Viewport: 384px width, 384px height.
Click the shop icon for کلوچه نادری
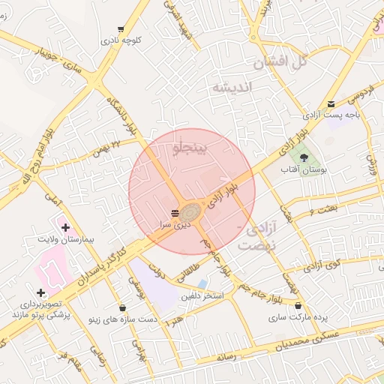pyautogui.click(x=121, y=29)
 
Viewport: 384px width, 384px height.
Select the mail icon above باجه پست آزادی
pyautogui.click(x=331, y=104)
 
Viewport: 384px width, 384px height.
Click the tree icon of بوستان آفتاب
pyautogui.click(x=304, y=157)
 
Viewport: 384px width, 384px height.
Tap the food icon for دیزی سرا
pyautogui.click(x=175, y=213)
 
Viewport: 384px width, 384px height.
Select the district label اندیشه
pyautogui.click(x=234, y=88)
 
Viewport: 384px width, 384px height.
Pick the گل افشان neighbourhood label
pyautogui.click(x=280, y=62)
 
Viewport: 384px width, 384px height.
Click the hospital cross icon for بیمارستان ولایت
pyautogui.click(x=65, y=226)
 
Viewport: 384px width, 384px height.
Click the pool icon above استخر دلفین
pyautogui.click(x=203, y=283)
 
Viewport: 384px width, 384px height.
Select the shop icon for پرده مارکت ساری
pyautogui.click(x=299, y=305)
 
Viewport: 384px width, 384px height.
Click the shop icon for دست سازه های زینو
pyautogui.click(x=122, y=307)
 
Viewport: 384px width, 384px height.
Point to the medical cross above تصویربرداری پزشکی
pyautogui.click(x=40, y=292)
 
